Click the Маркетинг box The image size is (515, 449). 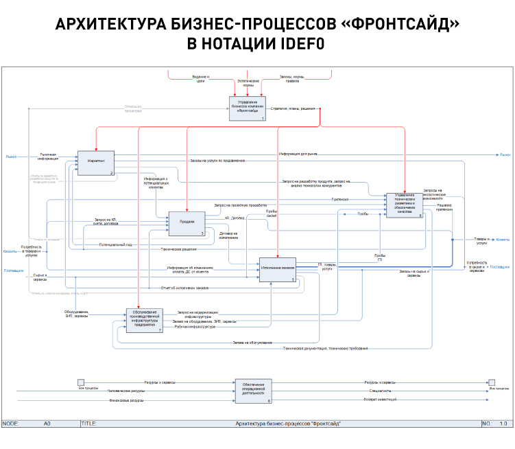coord(95,162)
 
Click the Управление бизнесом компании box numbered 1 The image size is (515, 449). coord(247,108)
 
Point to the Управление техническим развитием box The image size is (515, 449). coord(404,205)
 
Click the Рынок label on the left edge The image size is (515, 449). coord(12,156)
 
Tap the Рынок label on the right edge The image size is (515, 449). coord(505,155)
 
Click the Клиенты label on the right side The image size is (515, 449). coord(503,239)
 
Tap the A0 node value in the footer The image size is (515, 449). coord(47,424)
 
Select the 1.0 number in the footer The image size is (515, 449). coord(503,424)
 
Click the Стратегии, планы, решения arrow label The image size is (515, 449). coord(293,108)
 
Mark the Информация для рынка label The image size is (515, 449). coord(298,154)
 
